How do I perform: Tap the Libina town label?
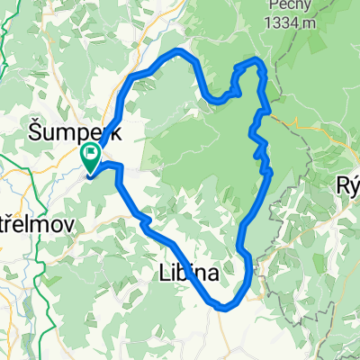(190, 274)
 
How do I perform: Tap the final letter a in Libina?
(212, 274)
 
